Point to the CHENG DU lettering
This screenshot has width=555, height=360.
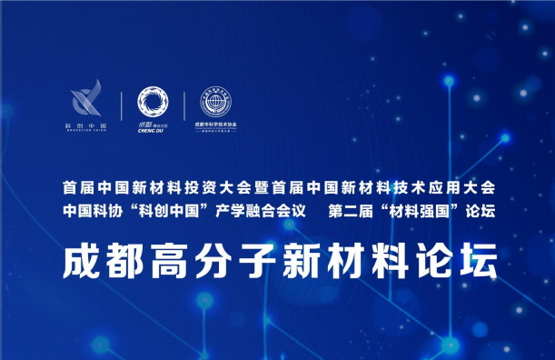click(x=151, y=129)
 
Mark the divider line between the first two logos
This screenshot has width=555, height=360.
click(x=121, y=107)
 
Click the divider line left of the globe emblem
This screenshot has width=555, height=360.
click(x=183, y=107)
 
